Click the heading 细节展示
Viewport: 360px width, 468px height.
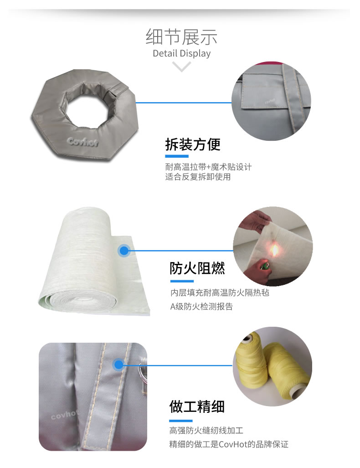(181, 37)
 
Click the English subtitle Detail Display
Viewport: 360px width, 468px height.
(181, 53)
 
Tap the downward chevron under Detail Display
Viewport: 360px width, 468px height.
(181, 66)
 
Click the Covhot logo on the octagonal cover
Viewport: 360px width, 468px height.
(82, 141)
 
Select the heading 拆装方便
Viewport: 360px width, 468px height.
(193, 144)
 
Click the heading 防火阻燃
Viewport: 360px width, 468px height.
(197, 268)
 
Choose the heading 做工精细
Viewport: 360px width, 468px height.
(197, 406)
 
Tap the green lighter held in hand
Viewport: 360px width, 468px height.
(264, 266)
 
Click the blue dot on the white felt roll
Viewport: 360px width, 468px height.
(124, 251)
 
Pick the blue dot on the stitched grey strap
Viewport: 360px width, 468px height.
(118, 365)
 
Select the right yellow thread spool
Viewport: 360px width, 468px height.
(287, 370)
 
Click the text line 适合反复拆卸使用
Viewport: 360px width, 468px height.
(198, 177)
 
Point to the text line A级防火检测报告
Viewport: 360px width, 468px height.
(201, 307)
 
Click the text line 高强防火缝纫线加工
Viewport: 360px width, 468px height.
(206, 430)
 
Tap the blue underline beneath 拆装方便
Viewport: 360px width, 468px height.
(177, 156)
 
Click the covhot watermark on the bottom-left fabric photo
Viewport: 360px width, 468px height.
(64, 414)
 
